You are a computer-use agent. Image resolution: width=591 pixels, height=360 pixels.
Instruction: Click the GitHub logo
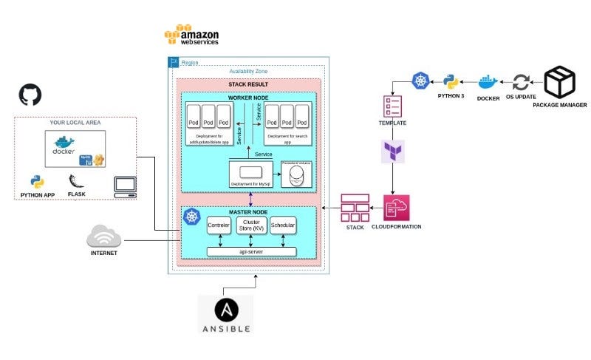pyautogui.click(x=30, y=95)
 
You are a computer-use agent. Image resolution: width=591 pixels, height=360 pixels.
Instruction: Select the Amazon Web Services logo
pyautogui.click(x=191, y=35)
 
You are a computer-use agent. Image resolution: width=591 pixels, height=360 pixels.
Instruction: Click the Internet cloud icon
pyautogui.click(x=103, y=237)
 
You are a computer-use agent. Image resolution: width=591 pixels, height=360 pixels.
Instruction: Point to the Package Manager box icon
pyautogui.click(x=559, y=83)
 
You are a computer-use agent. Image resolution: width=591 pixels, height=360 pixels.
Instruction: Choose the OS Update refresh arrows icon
pyautogui.click(x=522, y=82)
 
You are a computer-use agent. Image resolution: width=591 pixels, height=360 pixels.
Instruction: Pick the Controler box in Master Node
pyautogui.click(x=219, y=225)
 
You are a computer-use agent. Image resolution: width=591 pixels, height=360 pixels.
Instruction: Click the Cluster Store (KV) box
pyautogui.click(x=251, y=225)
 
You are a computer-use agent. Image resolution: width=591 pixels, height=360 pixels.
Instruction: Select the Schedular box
pyautogui.click(x=283, y=225)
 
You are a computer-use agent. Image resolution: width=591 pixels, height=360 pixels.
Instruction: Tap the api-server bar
pyautogui.click(x=251, y=251)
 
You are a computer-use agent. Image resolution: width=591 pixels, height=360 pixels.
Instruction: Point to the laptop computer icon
pyautogui.click(x=125, y=186)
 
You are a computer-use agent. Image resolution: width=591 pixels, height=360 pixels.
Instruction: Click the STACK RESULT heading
pyautogui.click(x=250, y=85)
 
